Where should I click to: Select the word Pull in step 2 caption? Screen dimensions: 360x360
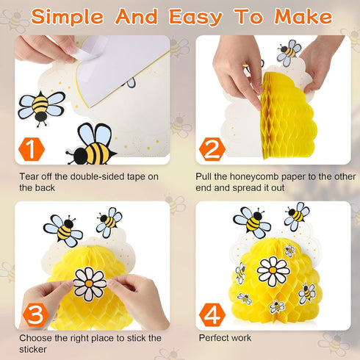[206, 177]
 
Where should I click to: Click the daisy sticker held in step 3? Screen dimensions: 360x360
[90, 284]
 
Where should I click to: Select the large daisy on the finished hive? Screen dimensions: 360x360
[273, 271]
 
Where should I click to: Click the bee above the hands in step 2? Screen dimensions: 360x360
[289, 51]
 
